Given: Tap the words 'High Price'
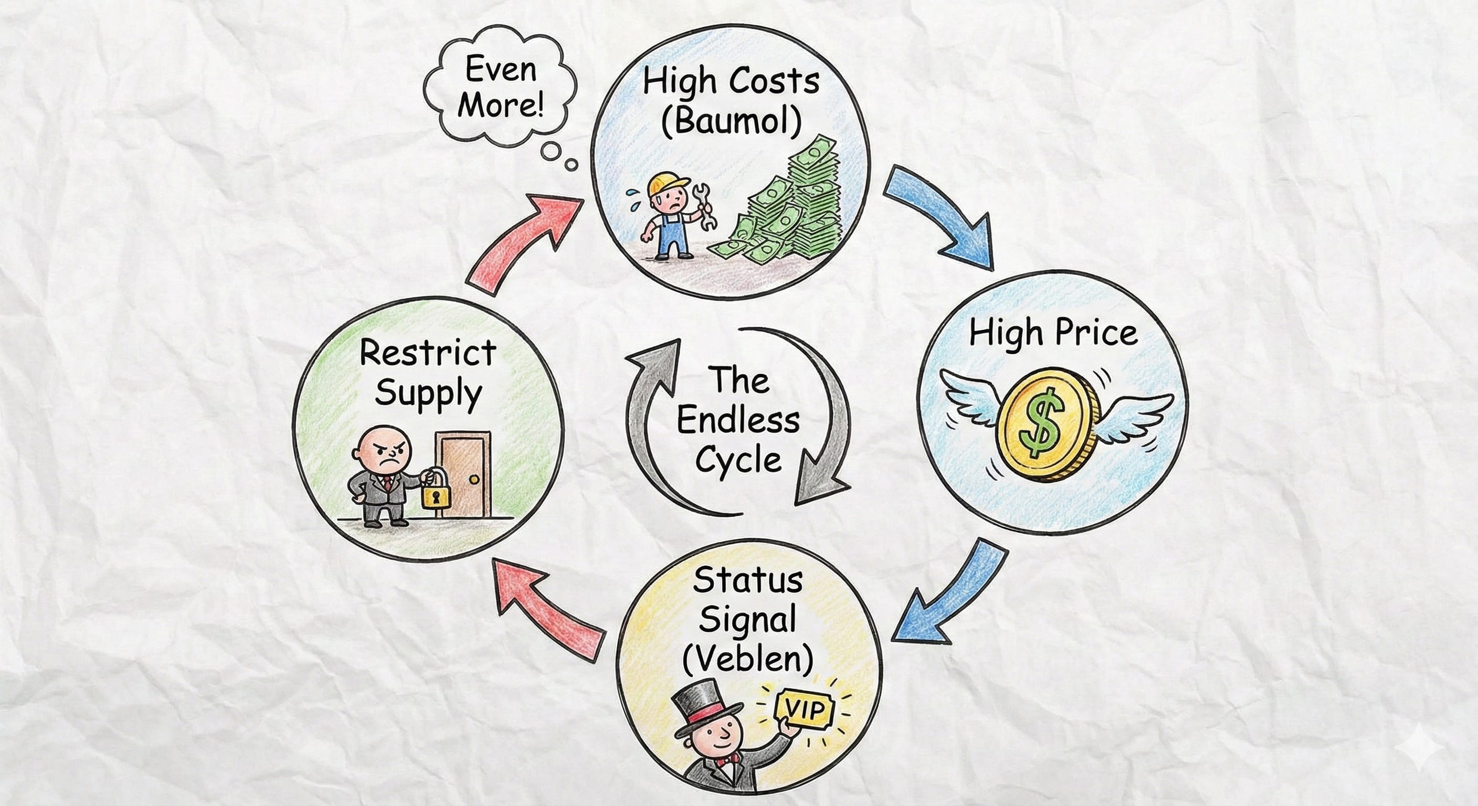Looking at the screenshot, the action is (x=1053, y=333).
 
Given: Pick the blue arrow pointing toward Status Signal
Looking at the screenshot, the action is (x=953, y=597).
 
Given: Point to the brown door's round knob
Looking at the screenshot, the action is (x=474, y=479).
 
